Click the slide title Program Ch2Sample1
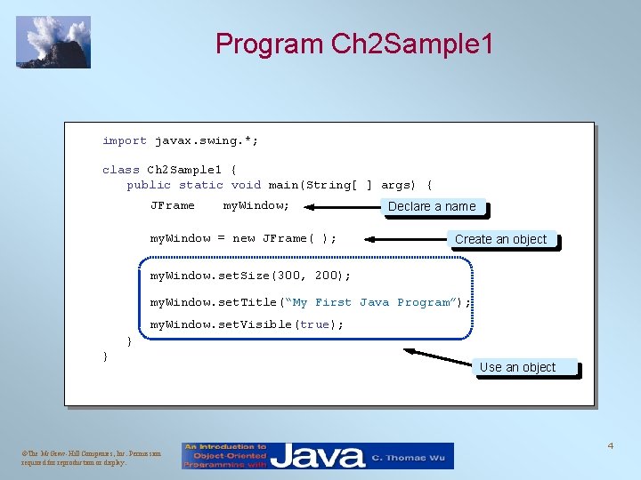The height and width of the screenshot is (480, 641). tap(353, 44)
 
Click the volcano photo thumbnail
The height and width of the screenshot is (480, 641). tap(53, 42)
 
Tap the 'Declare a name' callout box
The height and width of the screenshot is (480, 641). tap(433, 206)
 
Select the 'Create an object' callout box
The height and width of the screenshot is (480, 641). tap(500, 239)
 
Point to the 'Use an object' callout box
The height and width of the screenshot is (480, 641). tap(517, 367)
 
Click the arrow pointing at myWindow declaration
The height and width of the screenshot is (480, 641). tap(342, 206)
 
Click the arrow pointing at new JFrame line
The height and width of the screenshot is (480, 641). tap(405, 239)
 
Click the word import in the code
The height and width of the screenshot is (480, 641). tap(125, 140)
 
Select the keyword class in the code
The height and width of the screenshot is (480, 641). tap(121, 170)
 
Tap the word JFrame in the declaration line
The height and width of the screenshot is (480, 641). tap(172, 206)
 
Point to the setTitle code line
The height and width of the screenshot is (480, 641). tap(310, 302)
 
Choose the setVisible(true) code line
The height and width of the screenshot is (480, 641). tap(247, 324)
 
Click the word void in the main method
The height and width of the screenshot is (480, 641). tap(246, 185)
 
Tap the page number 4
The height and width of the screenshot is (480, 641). tap(611, 444)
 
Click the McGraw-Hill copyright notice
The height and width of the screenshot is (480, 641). tap(80, 457)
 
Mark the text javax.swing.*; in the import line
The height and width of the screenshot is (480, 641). tap(207, 140)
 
